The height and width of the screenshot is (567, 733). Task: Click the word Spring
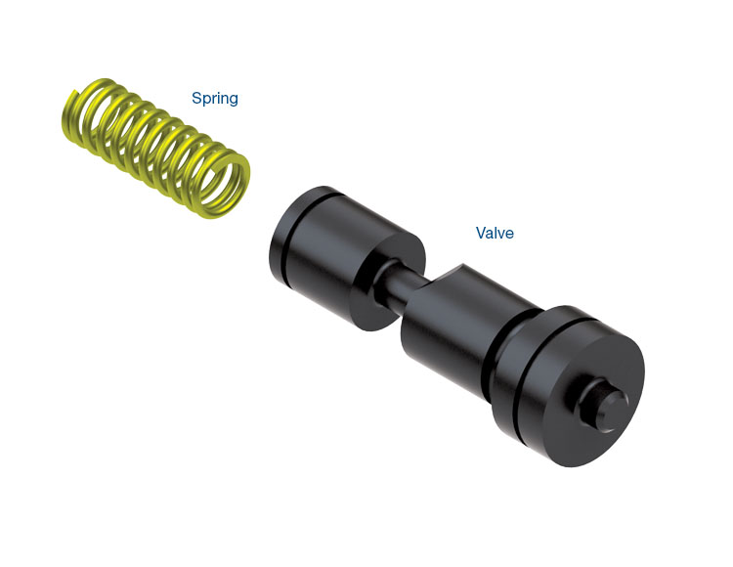tap(215, 98)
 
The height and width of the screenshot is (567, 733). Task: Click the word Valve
tap(495, 233)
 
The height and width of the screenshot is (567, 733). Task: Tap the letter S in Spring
tap(196, 98)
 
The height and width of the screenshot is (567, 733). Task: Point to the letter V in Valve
tap(481, 233)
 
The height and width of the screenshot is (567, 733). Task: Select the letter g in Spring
tap(233, 100)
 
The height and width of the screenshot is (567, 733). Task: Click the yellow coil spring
tap(155, 148)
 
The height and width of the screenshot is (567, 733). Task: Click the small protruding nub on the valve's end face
tap(603, 402)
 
